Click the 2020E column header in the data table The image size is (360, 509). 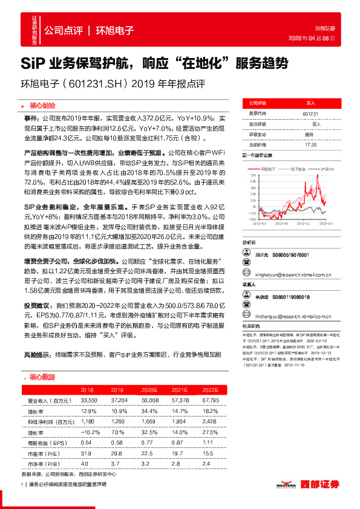click(x=148, y=390)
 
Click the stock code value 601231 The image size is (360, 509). click(x=312, y=113)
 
